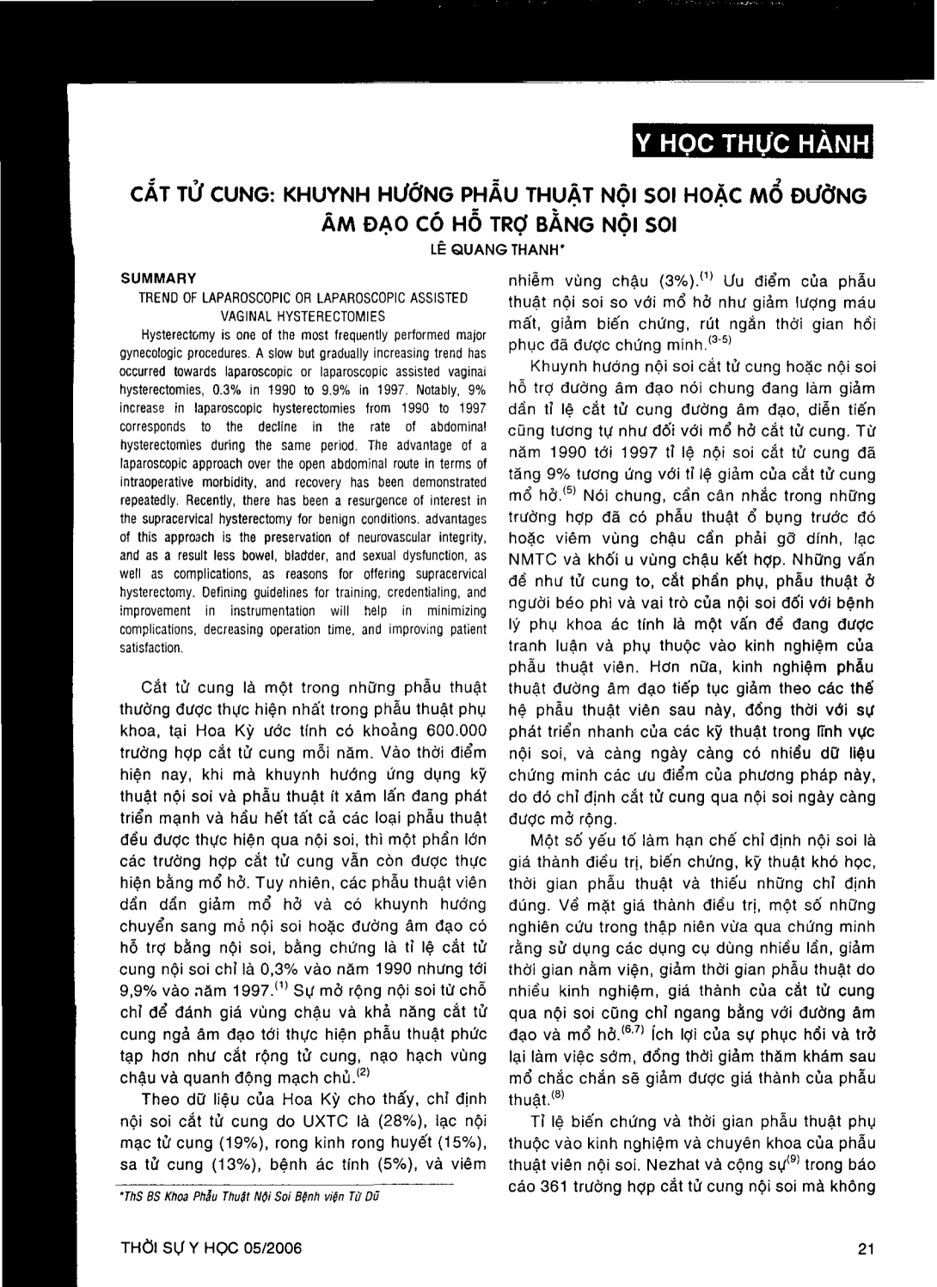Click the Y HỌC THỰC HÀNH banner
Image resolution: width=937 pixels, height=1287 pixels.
750,144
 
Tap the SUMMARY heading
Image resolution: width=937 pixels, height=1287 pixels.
159,278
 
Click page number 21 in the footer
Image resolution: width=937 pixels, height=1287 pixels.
866,1248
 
